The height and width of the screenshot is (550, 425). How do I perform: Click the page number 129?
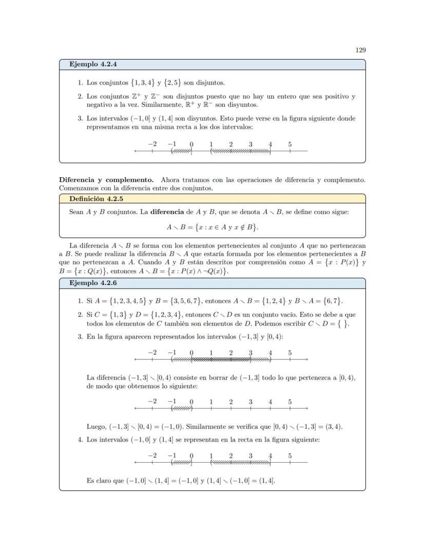(360, 50)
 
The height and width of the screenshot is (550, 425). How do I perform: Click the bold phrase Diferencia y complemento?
(106, 180)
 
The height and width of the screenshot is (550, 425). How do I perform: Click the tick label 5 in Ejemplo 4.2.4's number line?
(290, 144)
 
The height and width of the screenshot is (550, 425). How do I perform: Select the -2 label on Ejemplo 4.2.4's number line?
(152, 144)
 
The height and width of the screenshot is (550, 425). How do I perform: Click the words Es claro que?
(106, 481)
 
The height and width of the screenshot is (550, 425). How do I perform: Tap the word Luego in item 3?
(96, 426)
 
